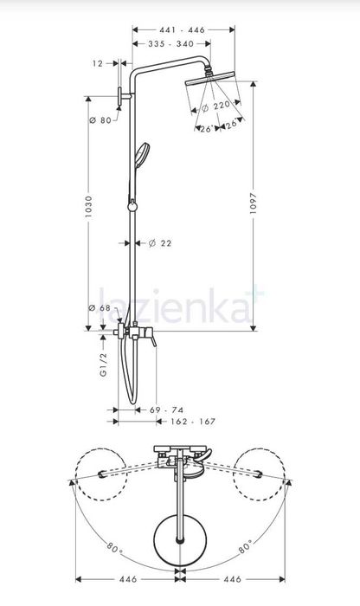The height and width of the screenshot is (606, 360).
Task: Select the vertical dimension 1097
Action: pyautogui.click(x=254, y=207)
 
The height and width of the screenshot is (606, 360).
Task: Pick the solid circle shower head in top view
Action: pyautogui.click(x=179, y=541)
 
